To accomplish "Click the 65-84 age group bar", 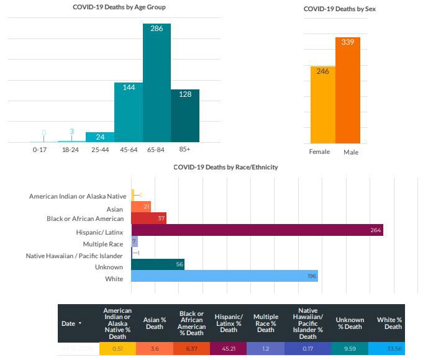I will (x=157, y=83).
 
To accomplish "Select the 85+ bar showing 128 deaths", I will (x=185, y=116).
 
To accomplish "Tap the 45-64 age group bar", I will (x=128, y=112).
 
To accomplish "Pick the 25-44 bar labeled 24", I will (x=99, y=137).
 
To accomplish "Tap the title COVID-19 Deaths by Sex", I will (x=339, y=9).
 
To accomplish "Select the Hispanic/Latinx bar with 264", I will (x=257, y=230).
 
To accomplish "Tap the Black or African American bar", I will (x=148, y=218).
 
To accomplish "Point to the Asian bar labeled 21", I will (x=141, y=207).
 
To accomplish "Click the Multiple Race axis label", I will (x=103, y=243).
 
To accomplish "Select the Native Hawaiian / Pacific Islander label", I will (x=75, y=256).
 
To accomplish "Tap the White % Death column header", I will (x=389, y=323).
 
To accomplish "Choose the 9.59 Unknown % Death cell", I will (x=349, y=349).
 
